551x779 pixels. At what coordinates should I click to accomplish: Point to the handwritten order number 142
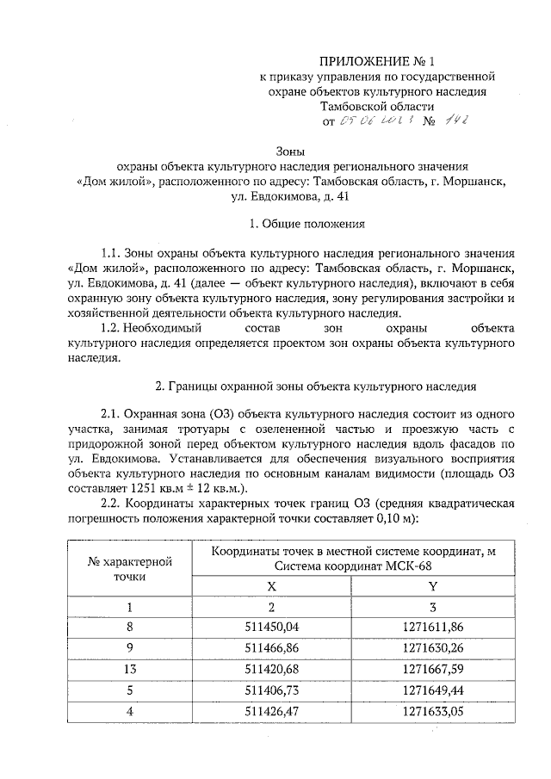[455, 121]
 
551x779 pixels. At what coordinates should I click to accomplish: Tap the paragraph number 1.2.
[114, 329]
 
